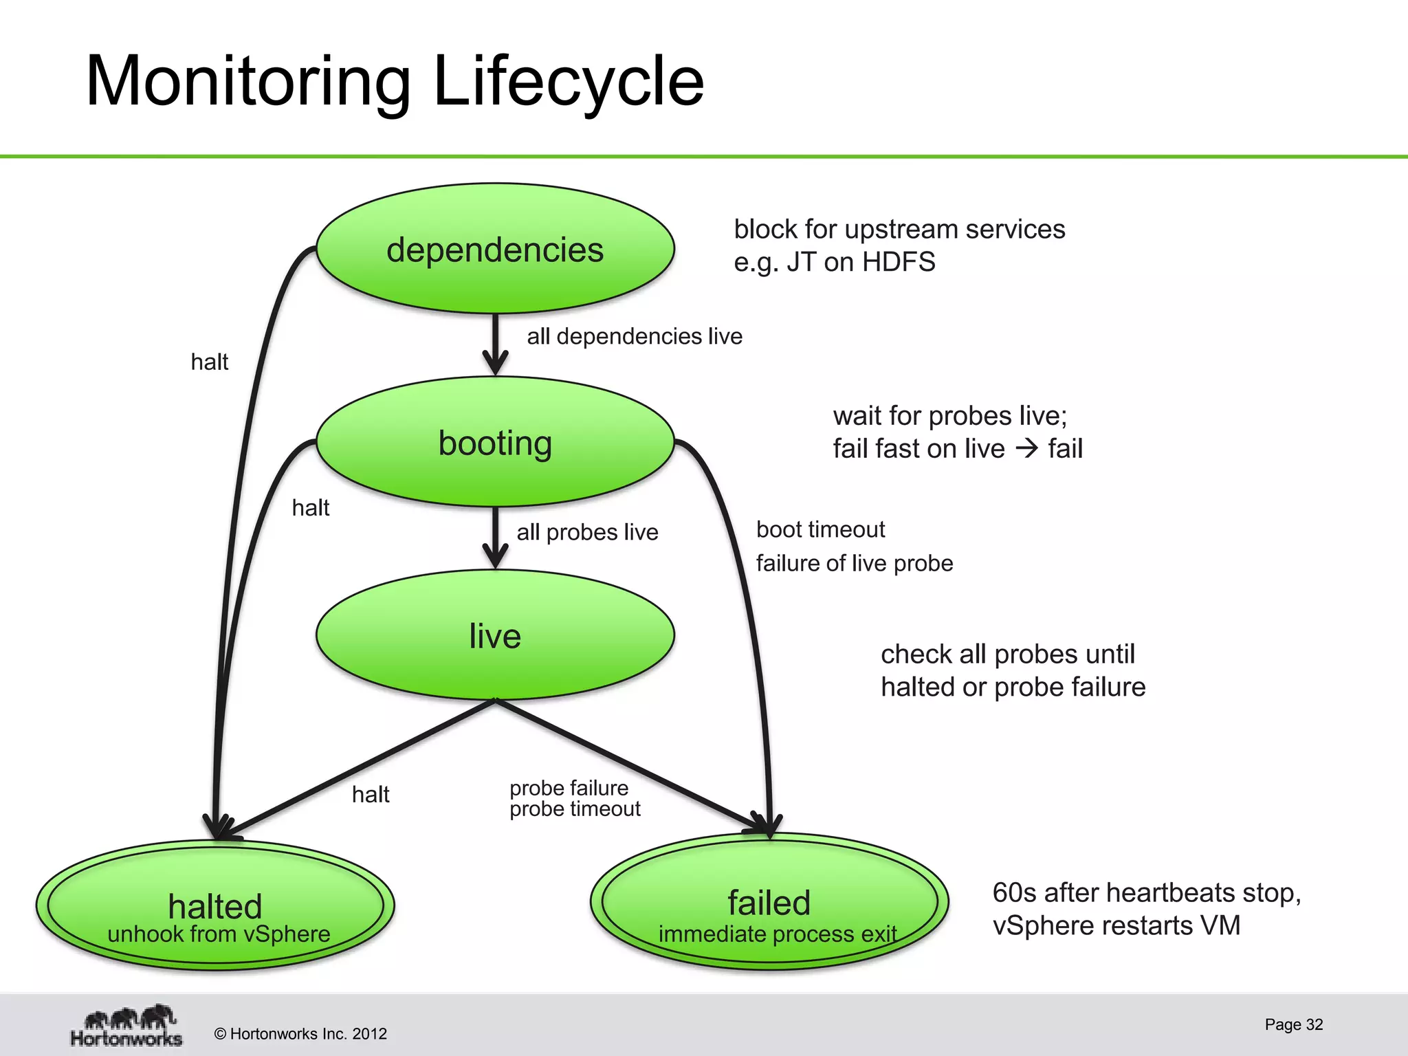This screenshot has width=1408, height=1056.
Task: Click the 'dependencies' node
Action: click(x=495, y=249)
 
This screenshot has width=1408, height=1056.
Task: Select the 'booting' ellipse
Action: click(x=495, y=443)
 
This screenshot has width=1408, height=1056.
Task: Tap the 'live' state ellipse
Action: click(x=495, y=635)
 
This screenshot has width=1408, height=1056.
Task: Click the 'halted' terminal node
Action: click(x=215, y=906)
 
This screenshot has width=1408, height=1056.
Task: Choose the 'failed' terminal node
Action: click(x=769, y=902)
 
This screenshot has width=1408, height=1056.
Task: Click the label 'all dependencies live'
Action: click(x=635, y=336)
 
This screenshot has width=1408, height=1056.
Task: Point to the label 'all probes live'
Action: click(x=587, y=532)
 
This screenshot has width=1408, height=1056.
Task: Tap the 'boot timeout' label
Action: click(x=820, y=529)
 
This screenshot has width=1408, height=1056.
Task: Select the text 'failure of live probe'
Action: click(x=854, y=563)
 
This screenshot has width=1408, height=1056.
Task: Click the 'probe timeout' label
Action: click(x=575, y=809)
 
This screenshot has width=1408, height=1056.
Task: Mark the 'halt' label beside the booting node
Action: click(x=311, y=508)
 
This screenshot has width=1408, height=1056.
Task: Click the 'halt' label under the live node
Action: click(x=371, y=795)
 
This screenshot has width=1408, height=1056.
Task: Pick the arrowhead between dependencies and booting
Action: click(x=495, y=363)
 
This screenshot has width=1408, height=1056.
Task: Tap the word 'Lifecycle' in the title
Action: click(x=569, y=81)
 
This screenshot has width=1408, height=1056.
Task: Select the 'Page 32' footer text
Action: click(x=1293, y=1024)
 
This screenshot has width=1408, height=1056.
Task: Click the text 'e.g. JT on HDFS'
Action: click(x=834, y=262)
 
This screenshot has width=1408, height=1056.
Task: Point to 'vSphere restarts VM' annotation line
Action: click(x=1116, y=925)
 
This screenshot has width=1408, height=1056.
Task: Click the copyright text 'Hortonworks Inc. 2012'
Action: click(x=308, y=1034)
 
